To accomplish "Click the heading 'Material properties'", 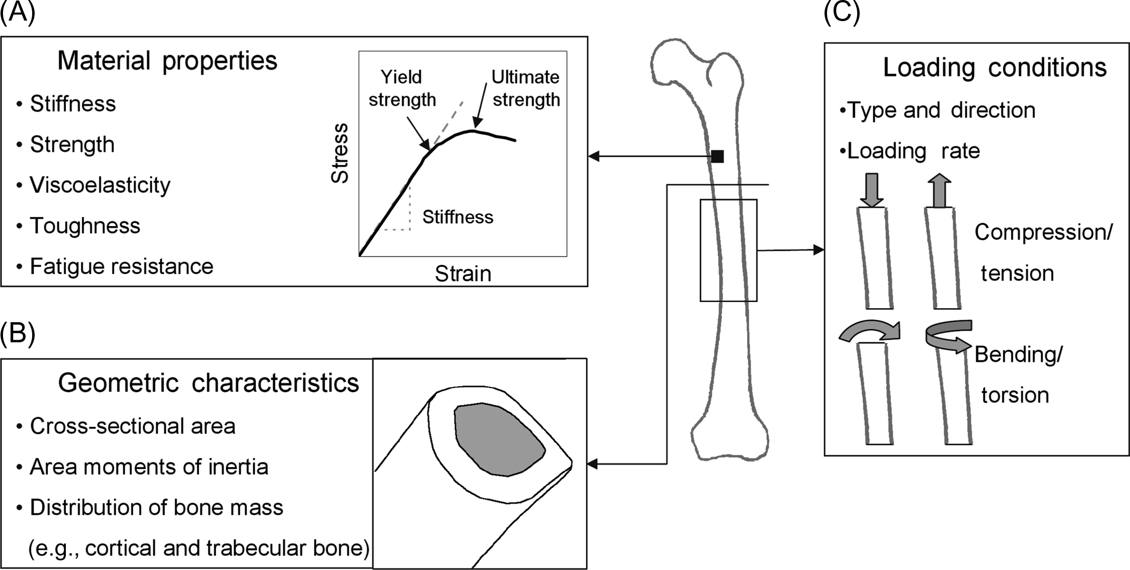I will point(167,61).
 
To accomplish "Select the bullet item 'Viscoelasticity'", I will point(100,185).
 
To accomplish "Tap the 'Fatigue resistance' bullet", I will point(122,266).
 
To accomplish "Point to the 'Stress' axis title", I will point(340,153).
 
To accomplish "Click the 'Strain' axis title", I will point(463,274).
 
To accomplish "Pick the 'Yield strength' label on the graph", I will point(402,88).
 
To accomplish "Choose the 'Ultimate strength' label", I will point(526,88).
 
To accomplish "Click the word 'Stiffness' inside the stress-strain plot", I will point(458,217).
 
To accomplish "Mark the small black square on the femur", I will point(717,156).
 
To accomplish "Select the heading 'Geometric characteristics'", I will point(209,383).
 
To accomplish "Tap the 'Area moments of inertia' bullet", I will point(149,467).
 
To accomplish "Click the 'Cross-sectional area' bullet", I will point(133,426).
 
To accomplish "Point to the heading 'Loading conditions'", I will point(994,67).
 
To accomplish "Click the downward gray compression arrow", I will point(872,190).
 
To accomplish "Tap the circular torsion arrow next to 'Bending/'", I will point(948,337).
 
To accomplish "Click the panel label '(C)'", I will point(841,12).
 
